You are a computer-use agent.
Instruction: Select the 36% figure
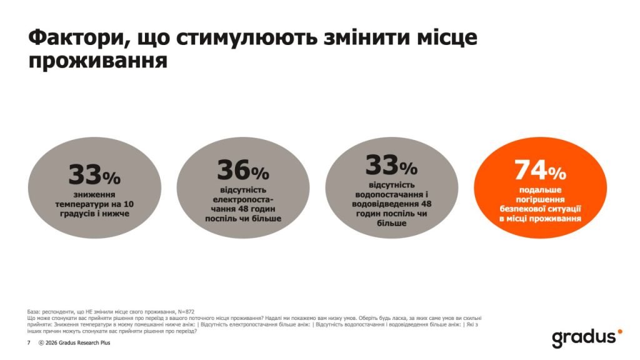point(242,171)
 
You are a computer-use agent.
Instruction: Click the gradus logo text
point(582,338)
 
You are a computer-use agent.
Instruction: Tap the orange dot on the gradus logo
point(619,331)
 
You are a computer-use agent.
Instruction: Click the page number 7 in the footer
point(28,343)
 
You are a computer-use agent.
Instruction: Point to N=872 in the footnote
point(184,311)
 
